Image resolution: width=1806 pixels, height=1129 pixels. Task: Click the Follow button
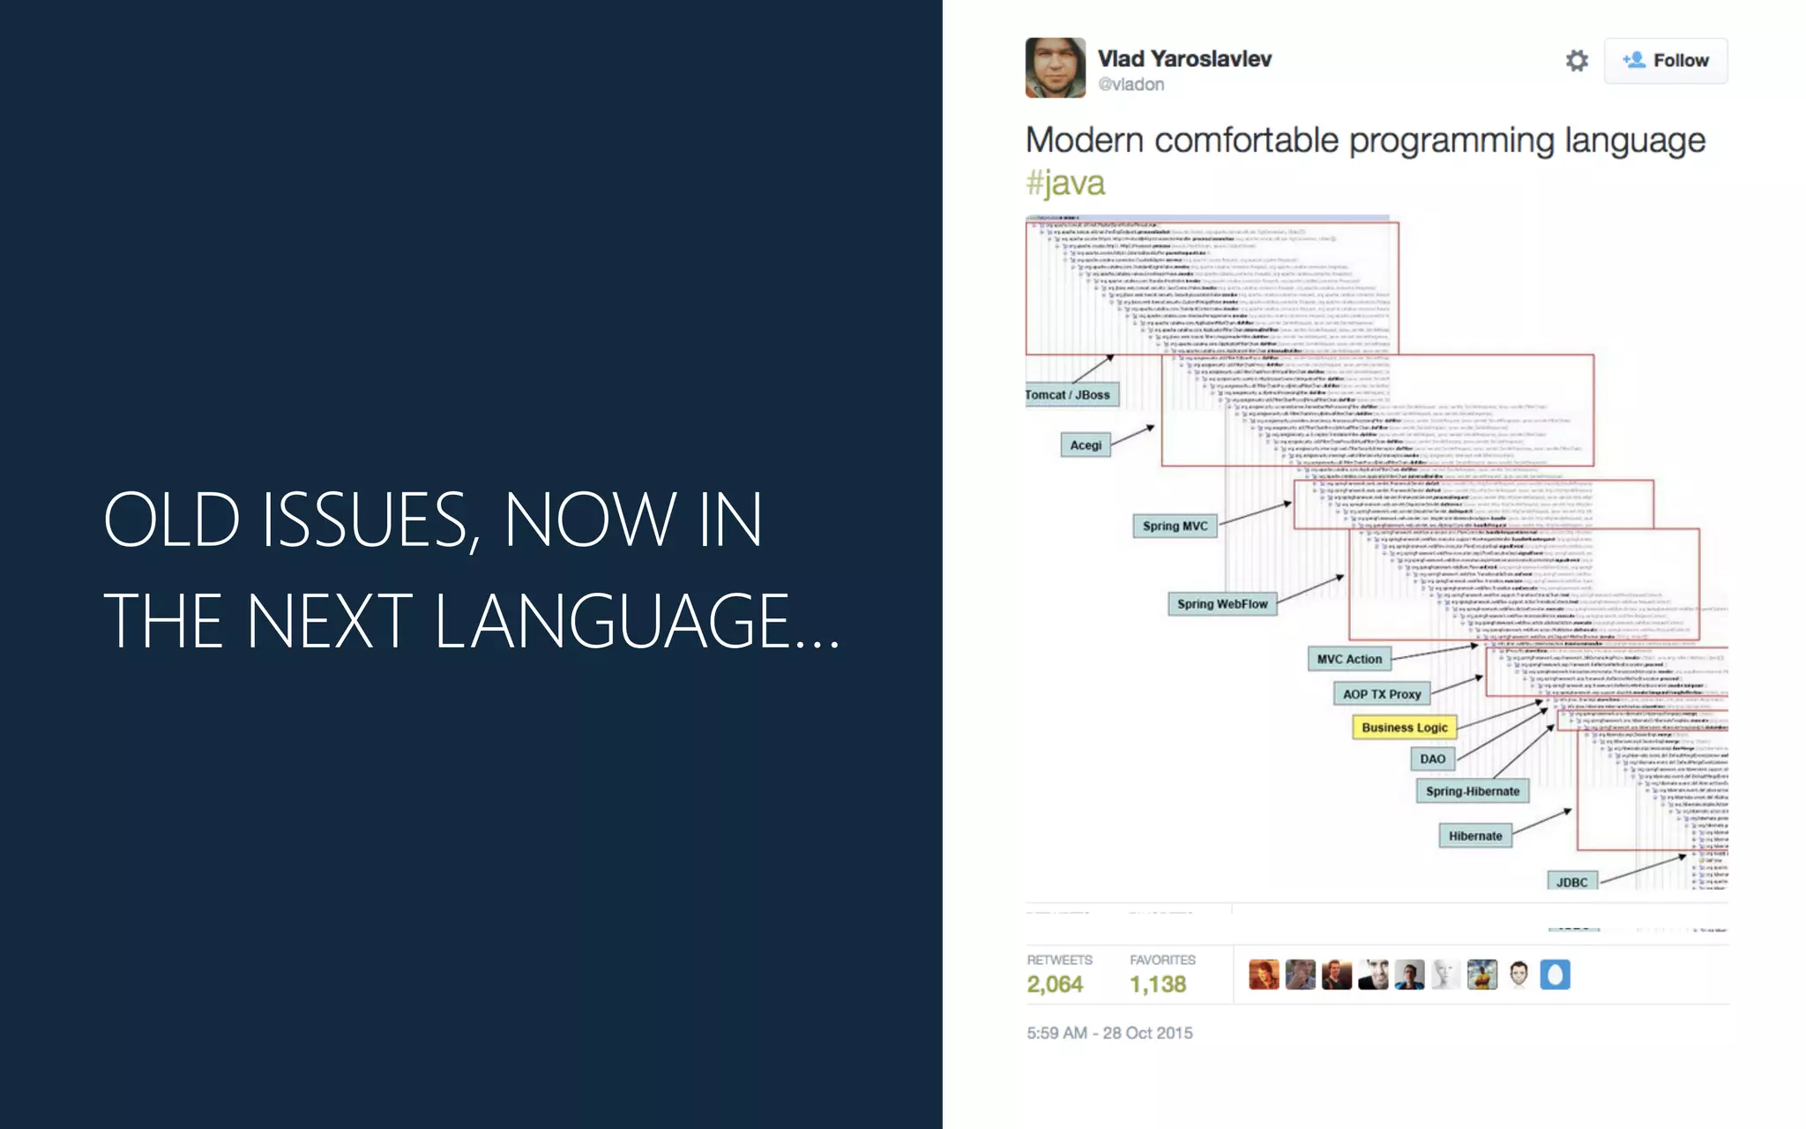click(1665, 61)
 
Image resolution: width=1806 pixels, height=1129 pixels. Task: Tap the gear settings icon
click(1577, 61)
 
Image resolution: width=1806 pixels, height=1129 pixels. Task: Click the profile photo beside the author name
click(1055, 68)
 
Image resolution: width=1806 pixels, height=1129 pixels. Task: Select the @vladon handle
click(1131, 85)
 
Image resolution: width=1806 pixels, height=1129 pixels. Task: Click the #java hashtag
click(1064, 183)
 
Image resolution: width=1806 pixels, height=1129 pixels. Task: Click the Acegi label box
click(1086, 445)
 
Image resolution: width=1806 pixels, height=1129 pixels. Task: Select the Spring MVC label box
click(1175, 527)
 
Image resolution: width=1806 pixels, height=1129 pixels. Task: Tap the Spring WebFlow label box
click(1222, 604)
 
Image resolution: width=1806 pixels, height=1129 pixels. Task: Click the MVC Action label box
click(1349, 660)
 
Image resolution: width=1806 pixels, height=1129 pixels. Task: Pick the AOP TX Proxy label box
click(1382, 695)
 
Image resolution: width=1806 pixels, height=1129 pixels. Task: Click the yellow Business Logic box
click(1404, 728)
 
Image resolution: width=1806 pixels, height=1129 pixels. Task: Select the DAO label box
click(1432, 759)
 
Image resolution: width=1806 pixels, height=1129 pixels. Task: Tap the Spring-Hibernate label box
click(1472, 792)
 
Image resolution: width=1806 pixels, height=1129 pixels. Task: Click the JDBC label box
click(1571, 882)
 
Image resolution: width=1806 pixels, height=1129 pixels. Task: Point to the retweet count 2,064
click(1055, 984)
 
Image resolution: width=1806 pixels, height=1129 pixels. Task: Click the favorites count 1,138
click(1158, 984)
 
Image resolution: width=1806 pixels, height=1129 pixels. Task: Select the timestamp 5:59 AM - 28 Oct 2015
click(1109, 1033)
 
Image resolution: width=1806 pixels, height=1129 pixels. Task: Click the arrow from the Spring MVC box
click(1255, 513)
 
